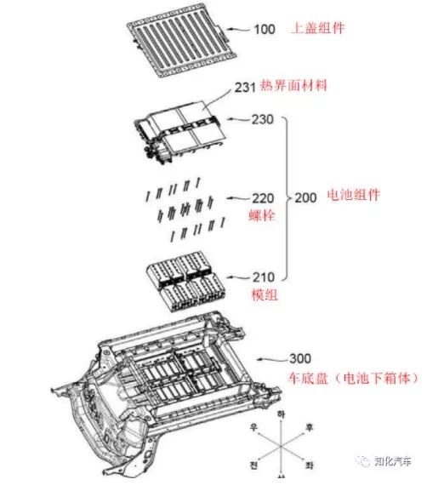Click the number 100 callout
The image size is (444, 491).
point(265,29)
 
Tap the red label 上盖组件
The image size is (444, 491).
point(324,29)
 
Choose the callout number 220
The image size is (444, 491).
point(261,197)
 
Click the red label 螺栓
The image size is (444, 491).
point(262,215)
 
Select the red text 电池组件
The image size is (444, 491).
point(353,196)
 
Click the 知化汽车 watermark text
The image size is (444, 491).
point(394,462)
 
